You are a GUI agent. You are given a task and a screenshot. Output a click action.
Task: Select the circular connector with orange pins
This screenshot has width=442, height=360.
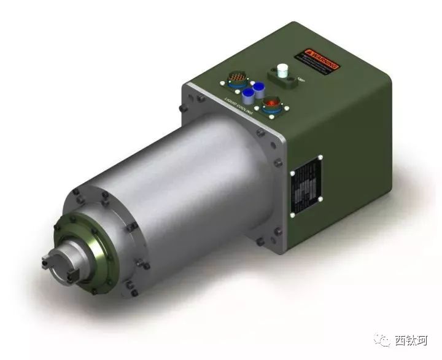(x=236, y=79)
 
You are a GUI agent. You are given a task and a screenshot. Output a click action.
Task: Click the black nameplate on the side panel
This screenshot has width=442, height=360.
(x=307, y=185)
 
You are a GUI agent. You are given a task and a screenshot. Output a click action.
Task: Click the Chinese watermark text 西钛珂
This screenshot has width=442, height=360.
(x=410, y=340)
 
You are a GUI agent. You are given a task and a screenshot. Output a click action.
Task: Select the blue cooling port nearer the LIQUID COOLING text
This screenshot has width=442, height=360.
(x=248, y=96)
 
